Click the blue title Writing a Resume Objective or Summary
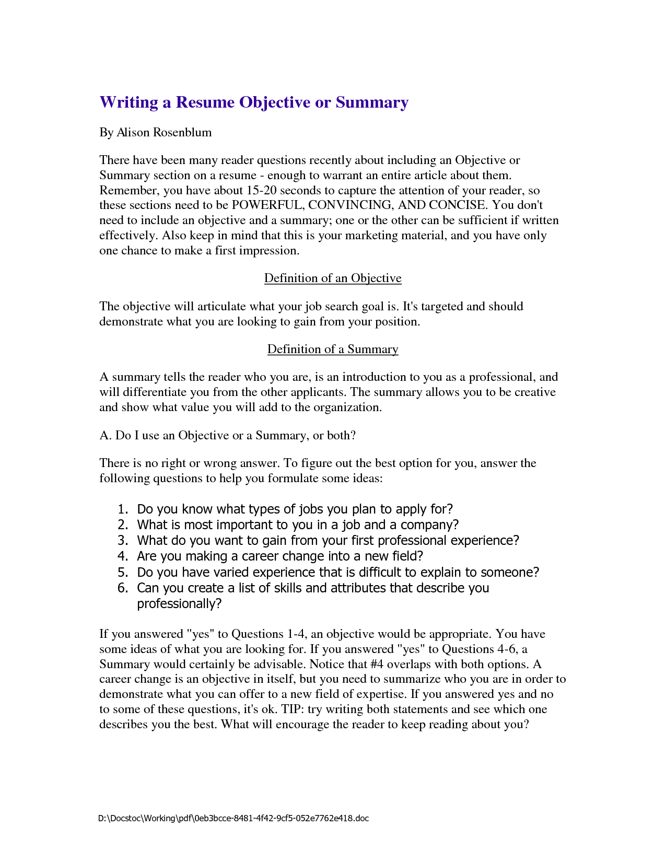tap(254, 102)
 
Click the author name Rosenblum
tap(182, 132)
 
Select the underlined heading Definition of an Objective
tap(333, 278)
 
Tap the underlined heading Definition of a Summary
tap(333, 349)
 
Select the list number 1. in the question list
tap(123, 509)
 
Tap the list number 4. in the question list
tap(123, 556)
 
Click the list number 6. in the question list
tap(123, 588)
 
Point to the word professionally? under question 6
tap(179, 604)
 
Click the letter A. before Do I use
tap(106, 435)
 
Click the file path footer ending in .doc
tap(233, 818)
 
